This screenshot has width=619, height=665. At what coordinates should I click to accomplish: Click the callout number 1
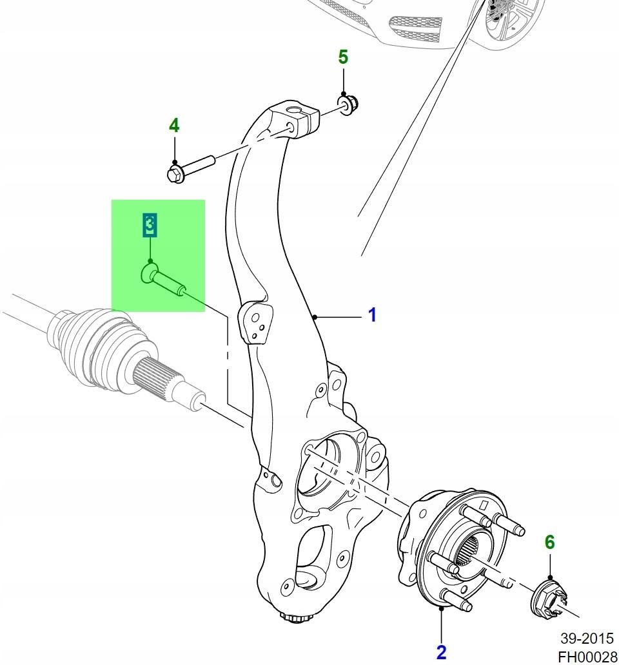(372, 315)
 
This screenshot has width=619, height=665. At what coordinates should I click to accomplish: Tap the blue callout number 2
(441, 652)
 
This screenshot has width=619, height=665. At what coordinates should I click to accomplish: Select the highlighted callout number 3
(149, 225)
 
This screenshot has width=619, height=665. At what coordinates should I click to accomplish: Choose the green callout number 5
(343, 57)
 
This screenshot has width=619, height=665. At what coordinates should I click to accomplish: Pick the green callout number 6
(549, 543)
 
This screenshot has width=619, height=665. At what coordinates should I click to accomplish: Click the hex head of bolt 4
(174, 173)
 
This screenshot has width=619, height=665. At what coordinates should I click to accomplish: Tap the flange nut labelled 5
(348, 104)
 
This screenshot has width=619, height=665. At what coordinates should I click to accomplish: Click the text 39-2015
(587, 639)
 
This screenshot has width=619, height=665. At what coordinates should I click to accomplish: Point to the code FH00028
(587, 657)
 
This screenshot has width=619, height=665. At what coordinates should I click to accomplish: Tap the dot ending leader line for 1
(314, 316)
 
